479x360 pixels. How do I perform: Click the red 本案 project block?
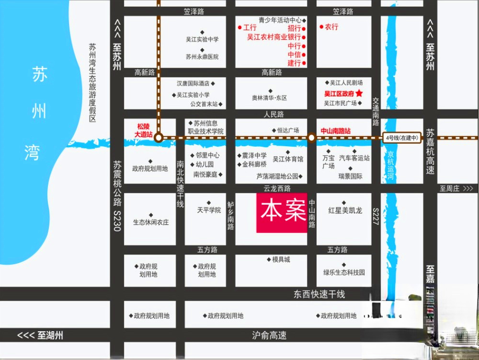[282, 213]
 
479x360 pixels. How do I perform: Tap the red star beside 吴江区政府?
[360, 93]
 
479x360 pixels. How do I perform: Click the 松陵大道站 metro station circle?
[159, 138]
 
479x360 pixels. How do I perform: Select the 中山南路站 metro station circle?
[311, 138]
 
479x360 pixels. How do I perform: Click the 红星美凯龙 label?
[345, 210]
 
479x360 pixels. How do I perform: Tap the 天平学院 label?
[209, 210]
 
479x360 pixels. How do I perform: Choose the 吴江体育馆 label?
[288, 159]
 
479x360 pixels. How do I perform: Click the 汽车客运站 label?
[354, 158]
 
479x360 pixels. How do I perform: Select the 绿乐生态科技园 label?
[344, 272]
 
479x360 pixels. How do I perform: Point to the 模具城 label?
[281, 259]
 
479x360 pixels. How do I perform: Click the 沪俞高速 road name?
[269, 336]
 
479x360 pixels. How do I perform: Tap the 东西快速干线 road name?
[319, 294]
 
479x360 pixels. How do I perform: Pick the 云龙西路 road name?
[277, 188]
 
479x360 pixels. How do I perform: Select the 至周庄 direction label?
[456, 189]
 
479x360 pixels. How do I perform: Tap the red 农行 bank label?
[331, 27]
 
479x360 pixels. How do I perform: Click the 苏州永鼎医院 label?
[202, 57]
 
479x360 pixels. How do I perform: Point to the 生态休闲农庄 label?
[151, 222]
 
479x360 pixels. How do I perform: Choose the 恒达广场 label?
[288, 130]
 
